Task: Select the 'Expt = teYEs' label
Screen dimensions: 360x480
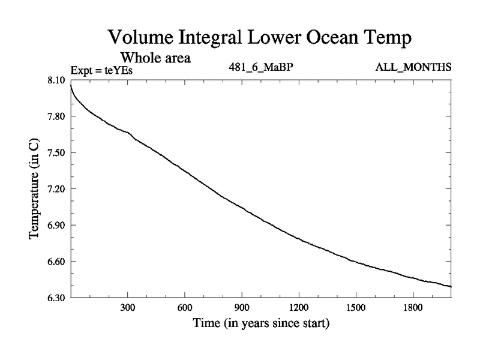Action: click(x=101, y=71)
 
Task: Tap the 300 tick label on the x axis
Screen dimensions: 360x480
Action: click(x=127, y=308)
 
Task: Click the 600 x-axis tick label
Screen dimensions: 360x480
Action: click(x=184, y=308)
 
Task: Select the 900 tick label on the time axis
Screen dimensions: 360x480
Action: click(x=242, y=308)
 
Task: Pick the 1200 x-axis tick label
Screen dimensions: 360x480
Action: click(x=299, y=308)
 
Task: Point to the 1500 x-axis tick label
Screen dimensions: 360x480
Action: click(x=356, y=308)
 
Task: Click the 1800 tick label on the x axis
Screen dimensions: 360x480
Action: click(x=413, y=308)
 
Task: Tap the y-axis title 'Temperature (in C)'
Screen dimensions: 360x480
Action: click(x=34, y=189)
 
